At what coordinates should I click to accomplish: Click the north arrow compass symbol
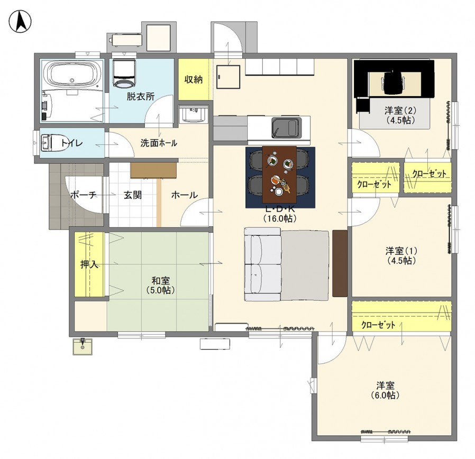coord(20,21)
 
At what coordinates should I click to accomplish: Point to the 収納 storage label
coord(193,80)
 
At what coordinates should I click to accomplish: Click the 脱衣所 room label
coord(140,97)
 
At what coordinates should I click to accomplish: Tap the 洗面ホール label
coord(159,143)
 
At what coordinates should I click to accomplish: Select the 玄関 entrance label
coord(132,195)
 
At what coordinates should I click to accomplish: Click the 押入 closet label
coord(89,264)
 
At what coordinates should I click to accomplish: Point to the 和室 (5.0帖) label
coord(161,285)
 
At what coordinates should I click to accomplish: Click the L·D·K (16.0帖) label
coord(280,214)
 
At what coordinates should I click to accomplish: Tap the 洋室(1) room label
coord(401,255)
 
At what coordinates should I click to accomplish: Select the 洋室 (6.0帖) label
coord(385,390)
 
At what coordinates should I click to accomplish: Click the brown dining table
coord(279,175)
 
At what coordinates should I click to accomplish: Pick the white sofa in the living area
coord(263,264)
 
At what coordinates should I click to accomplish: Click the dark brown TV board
coord(340,263)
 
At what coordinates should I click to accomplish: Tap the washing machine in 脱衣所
coord(124,74)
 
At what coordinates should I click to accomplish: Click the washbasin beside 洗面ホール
coord(193,114)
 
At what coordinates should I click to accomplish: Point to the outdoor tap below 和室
coord(83,346)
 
